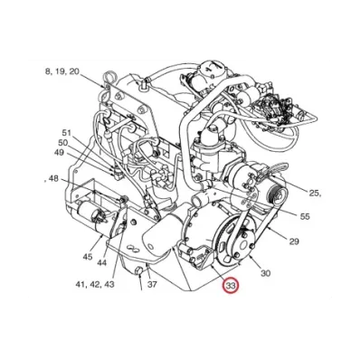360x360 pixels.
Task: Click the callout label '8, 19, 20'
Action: click(x=62, y=71)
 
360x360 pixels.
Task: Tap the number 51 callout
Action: click(x=65, y=132)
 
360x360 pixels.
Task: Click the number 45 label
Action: click(x=88, y=257)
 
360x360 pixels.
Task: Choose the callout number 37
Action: click(x=153, y=282)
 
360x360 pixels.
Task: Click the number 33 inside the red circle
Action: click(x=231, y=287)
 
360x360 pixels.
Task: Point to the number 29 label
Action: click(x=293, y=242)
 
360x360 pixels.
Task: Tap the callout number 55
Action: click(x=305, y=217)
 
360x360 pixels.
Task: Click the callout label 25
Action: click(x=316, y=194)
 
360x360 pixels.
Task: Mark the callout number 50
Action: click(x=62, y=142)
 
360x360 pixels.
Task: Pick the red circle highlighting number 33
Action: click(x=231, y=287)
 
